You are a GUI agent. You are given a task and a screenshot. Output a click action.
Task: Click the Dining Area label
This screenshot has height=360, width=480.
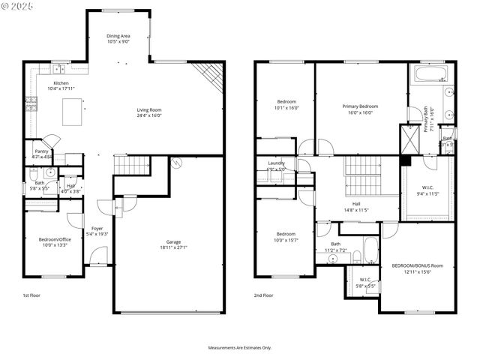point(118,35)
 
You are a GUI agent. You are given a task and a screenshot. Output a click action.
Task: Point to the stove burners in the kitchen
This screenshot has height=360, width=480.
point(31,104)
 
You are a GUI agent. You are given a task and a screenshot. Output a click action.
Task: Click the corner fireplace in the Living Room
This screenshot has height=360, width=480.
point(209,75)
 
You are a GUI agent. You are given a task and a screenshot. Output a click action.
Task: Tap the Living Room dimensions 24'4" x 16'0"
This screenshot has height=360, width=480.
point(149,115)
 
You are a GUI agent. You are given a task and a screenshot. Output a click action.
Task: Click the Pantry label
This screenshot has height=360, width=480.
point(41,151)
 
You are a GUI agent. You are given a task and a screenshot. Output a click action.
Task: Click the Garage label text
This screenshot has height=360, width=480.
point(172,241)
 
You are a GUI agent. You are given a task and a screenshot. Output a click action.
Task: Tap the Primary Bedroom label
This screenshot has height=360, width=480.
point(360,106)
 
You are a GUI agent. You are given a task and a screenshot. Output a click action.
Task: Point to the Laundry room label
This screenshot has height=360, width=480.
point(276,163)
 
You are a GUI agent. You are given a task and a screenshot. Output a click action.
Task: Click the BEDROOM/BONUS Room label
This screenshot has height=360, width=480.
point(418,265)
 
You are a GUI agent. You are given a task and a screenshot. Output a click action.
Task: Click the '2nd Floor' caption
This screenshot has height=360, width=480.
point(263,295)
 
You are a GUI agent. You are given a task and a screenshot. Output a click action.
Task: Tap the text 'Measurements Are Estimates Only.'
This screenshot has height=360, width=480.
point(240,348)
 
